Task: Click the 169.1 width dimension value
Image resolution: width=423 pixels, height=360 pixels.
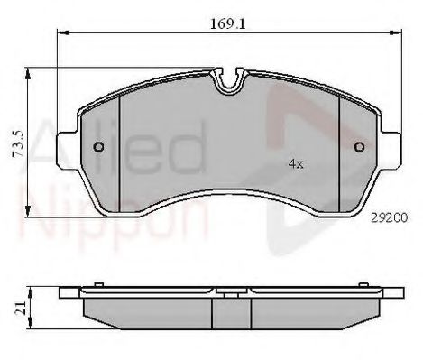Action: point(227,23)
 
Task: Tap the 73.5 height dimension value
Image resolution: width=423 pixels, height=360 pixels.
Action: point(19,144)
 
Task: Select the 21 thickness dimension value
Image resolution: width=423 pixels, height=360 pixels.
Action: point(19,309)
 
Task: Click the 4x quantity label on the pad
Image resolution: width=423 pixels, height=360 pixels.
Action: point(296,164)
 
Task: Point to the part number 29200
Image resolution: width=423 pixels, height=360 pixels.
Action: point(389,217)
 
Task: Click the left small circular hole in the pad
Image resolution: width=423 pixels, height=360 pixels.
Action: point(99,147)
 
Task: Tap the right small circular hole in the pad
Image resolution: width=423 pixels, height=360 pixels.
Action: point(360,147)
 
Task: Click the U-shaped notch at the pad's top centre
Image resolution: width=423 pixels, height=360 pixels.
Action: point(229,80)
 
